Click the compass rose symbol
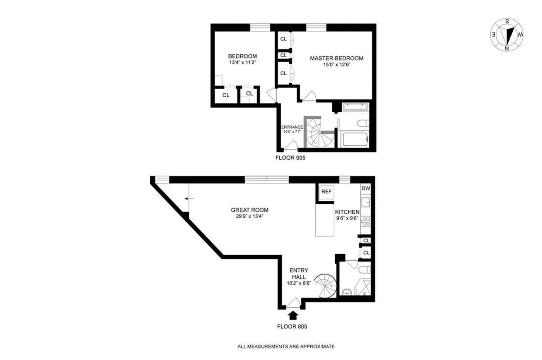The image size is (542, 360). point(507,35)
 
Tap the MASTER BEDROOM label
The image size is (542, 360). point(336,58)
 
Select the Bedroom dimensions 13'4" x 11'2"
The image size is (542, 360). point(242,63)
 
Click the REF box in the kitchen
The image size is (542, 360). point(326,192)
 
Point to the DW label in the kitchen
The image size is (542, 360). point(365,189)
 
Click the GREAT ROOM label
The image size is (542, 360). point(250,210)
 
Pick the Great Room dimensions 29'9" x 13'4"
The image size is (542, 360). point(250,216)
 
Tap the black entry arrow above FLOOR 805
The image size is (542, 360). point(293,315)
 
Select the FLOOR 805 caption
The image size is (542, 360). point(292,327)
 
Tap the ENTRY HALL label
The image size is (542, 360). point(299,273)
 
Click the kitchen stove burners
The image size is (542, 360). point(366,221)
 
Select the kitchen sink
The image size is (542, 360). point(366,202)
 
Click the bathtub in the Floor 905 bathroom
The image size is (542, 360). point(355,139)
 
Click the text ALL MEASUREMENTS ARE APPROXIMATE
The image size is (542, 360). point(286,346)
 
